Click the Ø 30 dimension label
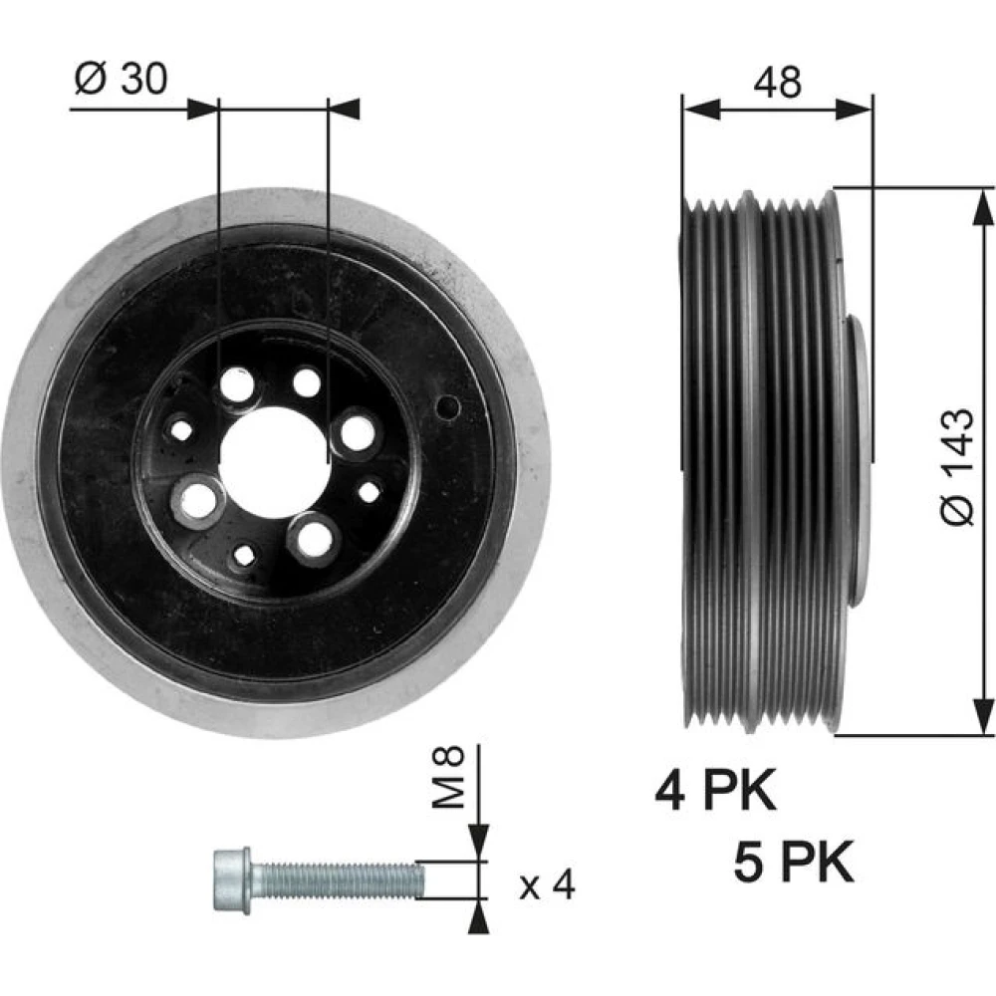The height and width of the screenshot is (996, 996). (122, 79)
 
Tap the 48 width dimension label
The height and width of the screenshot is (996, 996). (778, 83)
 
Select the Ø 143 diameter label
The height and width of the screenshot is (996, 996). (956, 467)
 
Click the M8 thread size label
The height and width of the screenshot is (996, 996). (448, 777)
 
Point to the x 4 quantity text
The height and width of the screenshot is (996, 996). (547, 884)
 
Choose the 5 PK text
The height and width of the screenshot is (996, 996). (794, 862)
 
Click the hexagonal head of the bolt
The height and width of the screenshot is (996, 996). (232, 880)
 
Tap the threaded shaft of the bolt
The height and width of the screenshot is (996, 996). (338, 880)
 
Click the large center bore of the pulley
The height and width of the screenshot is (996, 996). (274, 463)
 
